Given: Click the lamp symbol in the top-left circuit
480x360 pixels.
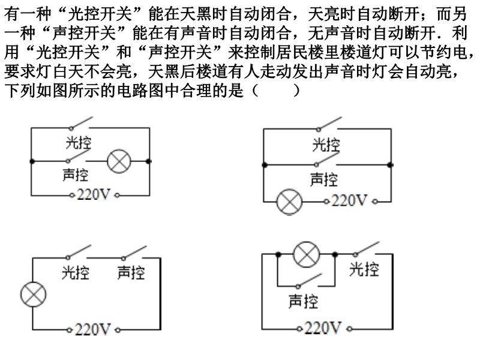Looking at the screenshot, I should click(119, 161).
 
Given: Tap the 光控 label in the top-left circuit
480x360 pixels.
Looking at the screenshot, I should click(78, 143).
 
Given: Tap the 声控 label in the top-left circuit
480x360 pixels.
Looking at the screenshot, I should click(75, 175).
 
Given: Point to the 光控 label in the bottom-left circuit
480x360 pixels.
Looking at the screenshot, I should click(76, 273).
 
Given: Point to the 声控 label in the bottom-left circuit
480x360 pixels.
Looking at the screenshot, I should click(131, 273).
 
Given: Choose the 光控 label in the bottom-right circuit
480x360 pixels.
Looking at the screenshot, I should click(364, 269).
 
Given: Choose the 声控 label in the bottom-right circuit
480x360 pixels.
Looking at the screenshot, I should click(303, 301).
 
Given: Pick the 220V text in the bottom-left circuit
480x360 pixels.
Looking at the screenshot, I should click(93, 329).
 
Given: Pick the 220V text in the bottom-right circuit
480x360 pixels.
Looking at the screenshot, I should click(323, 328).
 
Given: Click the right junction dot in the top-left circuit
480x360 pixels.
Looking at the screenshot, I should click(149, 161).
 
